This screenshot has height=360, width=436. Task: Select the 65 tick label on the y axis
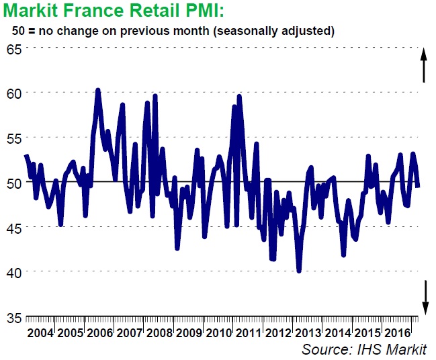tap(14, 49)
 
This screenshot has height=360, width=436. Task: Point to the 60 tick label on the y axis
tap(14, 93)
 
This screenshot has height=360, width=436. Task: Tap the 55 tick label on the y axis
tap(14, 138)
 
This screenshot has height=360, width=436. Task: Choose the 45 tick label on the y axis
tap(14, 228)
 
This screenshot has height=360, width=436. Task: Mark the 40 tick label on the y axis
tap(14, 272)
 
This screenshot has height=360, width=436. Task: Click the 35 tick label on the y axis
tap(14, 317)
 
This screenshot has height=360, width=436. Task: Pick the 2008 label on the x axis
tap(159, 334)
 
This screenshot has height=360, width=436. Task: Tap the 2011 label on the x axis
tap(249, 334)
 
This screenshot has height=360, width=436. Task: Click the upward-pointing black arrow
tap(424, 64)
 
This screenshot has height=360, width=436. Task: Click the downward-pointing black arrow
tap(425, 297)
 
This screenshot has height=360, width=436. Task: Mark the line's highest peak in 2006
tap(98, 89)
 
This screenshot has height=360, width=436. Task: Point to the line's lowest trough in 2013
tap(299, 271)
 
